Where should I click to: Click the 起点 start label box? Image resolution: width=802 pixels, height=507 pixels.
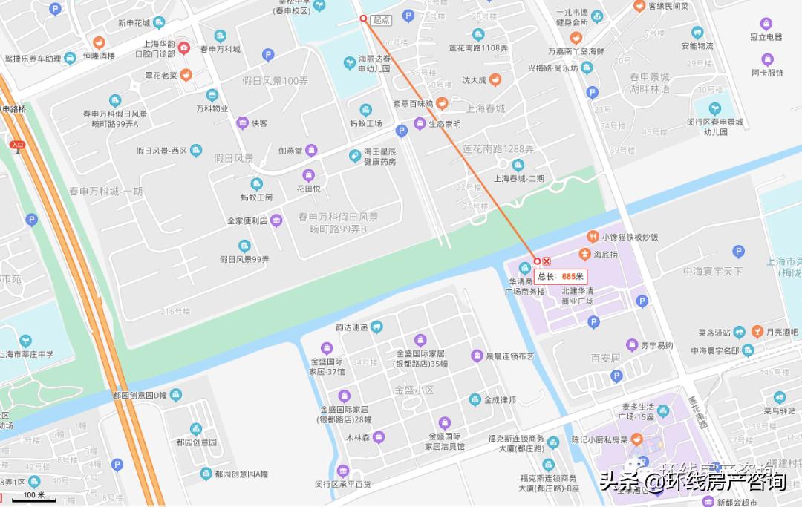pyautogui.click(x=381, y=20)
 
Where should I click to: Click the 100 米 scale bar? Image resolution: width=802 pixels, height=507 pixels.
pyautogui.click(x=33, y=495)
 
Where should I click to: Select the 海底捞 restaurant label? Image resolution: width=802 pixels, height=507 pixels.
pyautogui.click(x=605, y=255)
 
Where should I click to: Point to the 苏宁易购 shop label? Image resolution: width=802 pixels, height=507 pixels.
pyautogui.click(x=657, y=345)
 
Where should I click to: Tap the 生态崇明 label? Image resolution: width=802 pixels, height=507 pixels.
pyautogui.click(x=445, y=124)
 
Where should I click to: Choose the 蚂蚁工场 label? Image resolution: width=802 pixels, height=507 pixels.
pyautogui.click(x=365, y=123)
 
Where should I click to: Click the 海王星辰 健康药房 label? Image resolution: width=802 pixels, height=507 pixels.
pyautogui.click(x=379, y=157)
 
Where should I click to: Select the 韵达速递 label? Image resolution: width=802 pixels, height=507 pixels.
pyautogui.click(x=353, y=327)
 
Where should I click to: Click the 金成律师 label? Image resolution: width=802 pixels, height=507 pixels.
pyautogui.click(x=500, y=400)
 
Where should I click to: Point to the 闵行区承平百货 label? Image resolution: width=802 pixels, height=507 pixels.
pyautogui.click(x=342, y=484)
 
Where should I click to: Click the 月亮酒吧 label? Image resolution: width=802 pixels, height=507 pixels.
pyautogui.click(x=782, y=332)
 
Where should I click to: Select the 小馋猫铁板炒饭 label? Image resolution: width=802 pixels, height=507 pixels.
pyautogui.click(x=630, y=237)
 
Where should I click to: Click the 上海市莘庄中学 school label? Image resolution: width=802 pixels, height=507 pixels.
pyautogui.click(x=27, y=354)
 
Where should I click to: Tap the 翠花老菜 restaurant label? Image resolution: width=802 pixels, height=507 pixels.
pyautogui.click(x=160, y=75)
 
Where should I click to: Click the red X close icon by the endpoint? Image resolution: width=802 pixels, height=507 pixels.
pyautogui.click(x=547, y=261)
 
